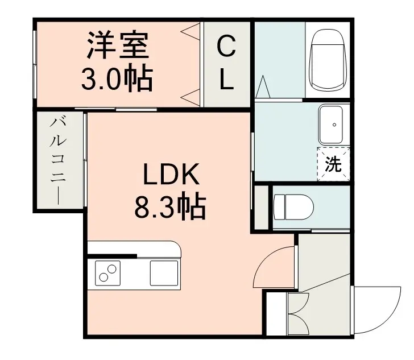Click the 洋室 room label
pos(118,45)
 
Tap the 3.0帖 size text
pos(117,78)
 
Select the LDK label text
pos(171,174)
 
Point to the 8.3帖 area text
pos(170,208)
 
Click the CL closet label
pos(226,63)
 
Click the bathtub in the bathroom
pos(328,60)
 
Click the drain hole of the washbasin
pos(334,125)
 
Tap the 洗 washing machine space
pos(333,164)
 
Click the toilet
pos(293,207)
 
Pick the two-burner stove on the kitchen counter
pos(107,273)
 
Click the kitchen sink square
pos(164,273)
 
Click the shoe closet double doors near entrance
pos(299,313)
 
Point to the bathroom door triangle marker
pos(263,86)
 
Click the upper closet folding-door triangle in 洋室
pos(191,31)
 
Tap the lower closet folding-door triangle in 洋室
pos(191,97)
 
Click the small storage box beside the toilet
pos(262,208)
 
